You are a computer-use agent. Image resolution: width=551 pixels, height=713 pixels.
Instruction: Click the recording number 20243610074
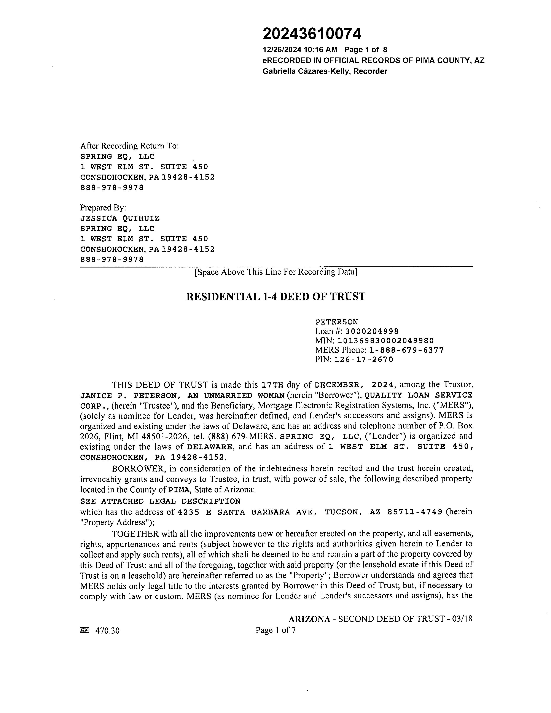coord(312,34)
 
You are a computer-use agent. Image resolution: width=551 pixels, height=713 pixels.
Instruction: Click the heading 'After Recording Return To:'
coord(129,146)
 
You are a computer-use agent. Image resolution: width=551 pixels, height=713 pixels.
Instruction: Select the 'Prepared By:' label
coord(103,208)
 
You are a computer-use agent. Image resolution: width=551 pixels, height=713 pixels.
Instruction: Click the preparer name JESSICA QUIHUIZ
coord(120,218)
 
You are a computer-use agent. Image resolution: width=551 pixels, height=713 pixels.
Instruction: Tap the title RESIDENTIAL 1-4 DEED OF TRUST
coord(275,296)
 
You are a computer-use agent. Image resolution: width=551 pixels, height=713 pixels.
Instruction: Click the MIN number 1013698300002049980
coord(385,341)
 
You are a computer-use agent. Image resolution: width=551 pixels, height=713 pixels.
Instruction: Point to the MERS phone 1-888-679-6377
coord(406,350)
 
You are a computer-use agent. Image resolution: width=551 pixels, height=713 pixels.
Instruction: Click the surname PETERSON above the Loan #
coord(336,322)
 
